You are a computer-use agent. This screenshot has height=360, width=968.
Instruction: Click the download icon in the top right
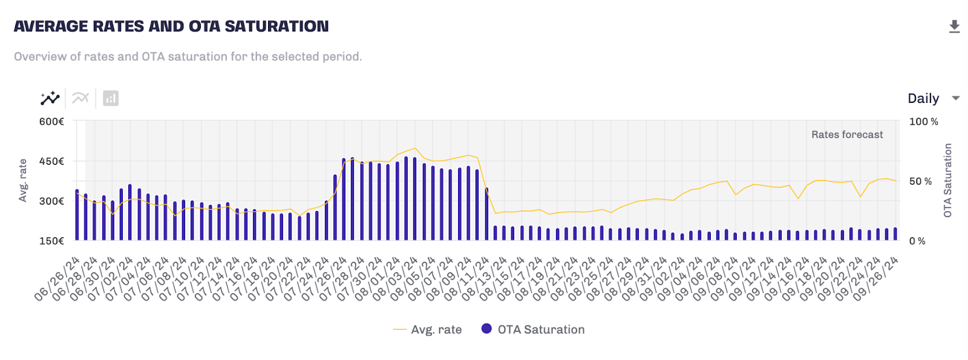pyautogui.click(x=954, y=27)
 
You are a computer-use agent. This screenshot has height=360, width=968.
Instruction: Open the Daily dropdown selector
pyautogui.click(x=933, y=99)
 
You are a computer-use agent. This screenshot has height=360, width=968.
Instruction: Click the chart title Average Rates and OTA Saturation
pyautogui.click(x=171, y=27)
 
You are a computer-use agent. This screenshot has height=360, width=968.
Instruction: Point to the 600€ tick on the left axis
pyautogui.click(x=52, y=122)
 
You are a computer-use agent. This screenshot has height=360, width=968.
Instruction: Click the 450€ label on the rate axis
pyautogui.click(x=52, y=162)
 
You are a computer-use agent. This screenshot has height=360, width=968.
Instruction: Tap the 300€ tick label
pyautogui.click(x=52, y=201)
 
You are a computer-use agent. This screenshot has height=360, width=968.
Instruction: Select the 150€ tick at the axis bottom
pyautogui.click(x=52, y=241)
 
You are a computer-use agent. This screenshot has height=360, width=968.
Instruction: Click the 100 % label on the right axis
pyautogui.click(x=923, y=122)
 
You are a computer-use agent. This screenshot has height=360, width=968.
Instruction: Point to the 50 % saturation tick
pyautogui.click(x=920, y=182)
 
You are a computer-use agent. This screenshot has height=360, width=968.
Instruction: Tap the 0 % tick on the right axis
pyautogui.click(x=917, y=241)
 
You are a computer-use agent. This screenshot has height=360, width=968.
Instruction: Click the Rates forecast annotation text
pyautogui.click(x=846, y=135)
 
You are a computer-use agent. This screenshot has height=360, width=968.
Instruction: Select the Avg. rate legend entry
pyautogui.click(x=428, y=330)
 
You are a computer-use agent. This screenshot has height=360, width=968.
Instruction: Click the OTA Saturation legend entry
pyautogui.click(x=534, y=330)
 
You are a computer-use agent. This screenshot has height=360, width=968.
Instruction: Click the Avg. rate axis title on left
pyautogui.click(x=23, y=180)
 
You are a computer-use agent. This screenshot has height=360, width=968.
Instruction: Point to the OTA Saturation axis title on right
pyautogui.click(x=947, y=180)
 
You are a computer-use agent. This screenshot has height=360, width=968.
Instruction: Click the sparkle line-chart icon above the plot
pyautogui.click(x=50, y=98)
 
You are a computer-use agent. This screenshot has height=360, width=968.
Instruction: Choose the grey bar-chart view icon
pyautogui.click(x=111, y=98)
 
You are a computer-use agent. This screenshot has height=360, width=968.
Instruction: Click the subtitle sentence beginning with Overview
pyautogui.click(x=188, y=57)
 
